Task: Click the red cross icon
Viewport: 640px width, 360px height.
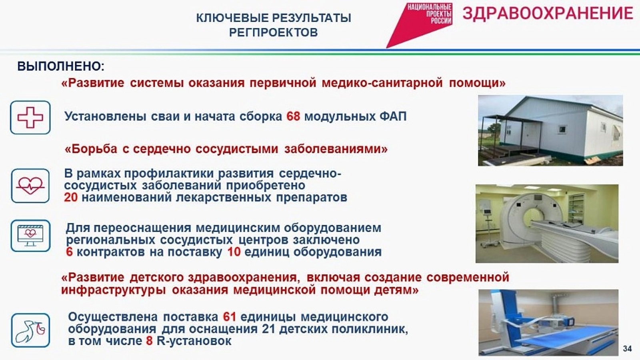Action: tap(30, 118)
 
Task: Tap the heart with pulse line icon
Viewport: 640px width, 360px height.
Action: tap(30, 186)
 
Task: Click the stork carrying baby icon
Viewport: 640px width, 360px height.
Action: tap(30, 330)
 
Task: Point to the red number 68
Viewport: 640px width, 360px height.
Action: tap(293, 116)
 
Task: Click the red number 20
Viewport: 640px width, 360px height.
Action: tap(70, 198)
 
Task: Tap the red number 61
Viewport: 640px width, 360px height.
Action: tap(230, 317)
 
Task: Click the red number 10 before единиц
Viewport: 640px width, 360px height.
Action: tap(234, 252)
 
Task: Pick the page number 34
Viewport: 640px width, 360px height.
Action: tap(628, 348)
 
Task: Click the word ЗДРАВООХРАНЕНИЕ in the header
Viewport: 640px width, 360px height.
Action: tap(548, 13)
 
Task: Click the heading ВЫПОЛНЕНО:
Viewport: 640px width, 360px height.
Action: tap(61, 66)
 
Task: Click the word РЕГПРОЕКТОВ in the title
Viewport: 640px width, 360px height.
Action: tap(274, 32)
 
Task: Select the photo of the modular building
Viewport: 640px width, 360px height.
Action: tap(550, 130)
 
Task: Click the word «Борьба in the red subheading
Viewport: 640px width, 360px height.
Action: tap(91, 149)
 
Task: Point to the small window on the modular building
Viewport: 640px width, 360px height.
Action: tap(562, 130)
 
